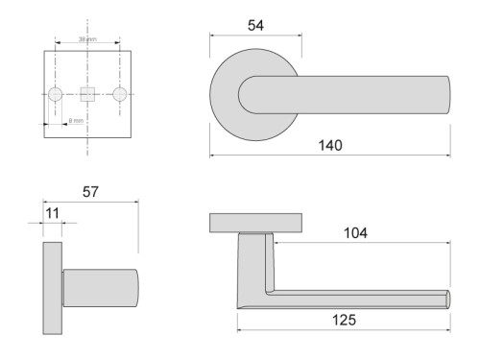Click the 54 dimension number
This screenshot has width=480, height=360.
click(x=255, y=26)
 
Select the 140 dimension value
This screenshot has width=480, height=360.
click(x=331, y=145)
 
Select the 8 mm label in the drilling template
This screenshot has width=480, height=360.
click(x=76, y=120)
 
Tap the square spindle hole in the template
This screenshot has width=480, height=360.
click(x=87, y=94)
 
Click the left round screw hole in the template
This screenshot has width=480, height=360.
click(x=55, y=94)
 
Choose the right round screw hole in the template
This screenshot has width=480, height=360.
click(x=120, y=94)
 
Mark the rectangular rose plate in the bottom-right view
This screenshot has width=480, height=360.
click(x=256, y=223)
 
